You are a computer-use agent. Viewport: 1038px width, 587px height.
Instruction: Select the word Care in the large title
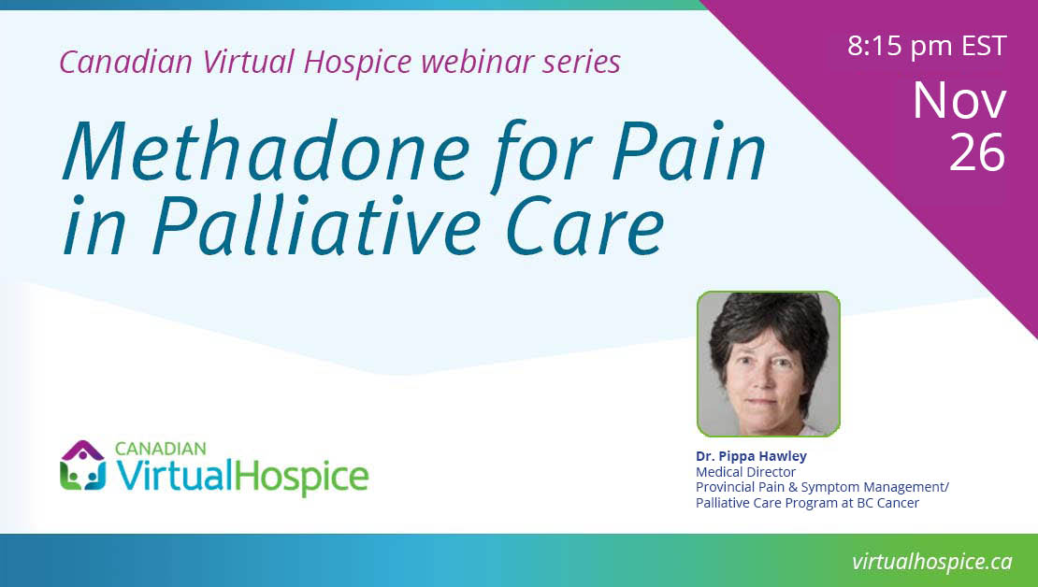(584, 225)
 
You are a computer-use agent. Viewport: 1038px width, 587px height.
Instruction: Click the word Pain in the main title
(688, 150)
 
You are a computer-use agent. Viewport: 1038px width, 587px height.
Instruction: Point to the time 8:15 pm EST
(927, 46)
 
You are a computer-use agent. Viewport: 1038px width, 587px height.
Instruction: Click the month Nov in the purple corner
(959, 101)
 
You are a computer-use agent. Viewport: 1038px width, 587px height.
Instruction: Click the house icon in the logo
(82, 465)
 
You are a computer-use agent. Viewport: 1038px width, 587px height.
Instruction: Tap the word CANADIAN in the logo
(160, 449)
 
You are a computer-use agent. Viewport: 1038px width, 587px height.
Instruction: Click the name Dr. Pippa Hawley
(751, 456)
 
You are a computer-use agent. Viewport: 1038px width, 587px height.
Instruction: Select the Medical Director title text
(745, 472)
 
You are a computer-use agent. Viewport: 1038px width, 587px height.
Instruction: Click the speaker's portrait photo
(769, 364)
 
